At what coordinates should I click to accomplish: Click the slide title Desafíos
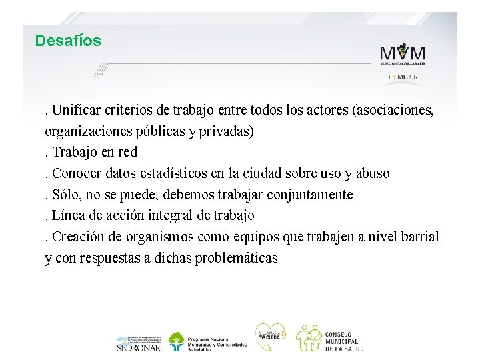68,41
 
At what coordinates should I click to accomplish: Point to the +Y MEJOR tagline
402,77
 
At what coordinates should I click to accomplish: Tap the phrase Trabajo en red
94,152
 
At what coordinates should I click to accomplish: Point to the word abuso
373,173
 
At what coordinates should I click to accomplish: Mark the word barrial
419,237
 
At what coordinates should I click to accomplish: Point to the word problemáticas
237,259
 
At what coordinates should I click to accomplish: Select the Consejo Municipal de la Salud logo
329,339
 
